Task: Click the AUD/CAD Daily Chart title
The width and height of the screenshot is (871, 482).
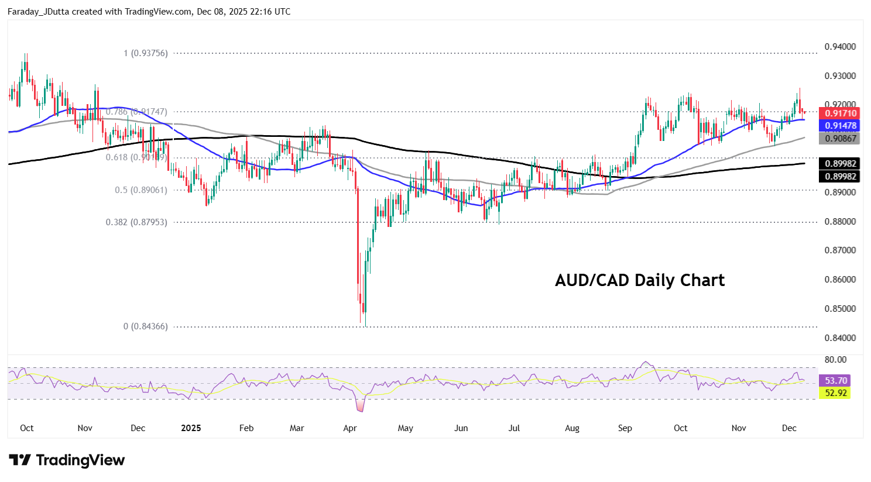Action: [x=640, y=280]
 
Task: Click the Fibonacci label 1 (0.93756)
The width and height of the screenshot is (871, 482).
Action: [x=146, y=53]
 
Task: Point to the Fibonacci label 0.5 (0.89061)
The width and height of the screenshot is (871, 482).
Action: [x=141, y=190]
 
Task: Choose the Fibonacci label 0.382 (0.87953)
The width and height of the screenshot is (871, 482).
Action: [x=136, y=222]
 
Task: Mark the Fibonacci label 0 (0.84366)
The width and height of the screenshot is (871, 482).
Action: [x=146, y=326]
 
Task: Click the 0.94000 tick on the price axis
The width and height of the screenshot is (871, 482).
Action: [x=840, y=47]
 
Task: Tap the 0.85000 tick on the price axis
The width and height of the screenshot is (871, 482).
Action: [x=840, y=309]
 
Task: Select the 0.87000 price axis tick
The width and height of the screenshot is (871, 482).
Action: [x=840, y=250]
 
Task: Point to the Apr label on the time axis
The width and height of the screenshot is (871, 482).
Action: [x=350, y=428]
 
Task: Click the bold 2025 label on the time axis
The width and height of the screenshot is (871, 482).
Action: [x=191, y=428]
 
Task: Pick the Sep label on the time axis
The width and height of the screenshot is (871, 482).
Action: [x=625, y=428]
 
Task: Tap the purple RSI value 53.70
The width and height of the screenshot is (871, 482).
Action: [x=836, y=381]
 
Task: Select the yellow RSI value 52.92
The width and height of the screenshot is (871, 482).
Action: [x=836, y=393]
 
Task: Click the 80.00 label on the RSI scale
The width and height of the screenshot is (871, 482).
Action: [x=835, y=360]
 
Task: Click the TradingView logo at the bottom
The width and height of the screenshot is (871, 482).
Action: [x=67, y=460]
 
